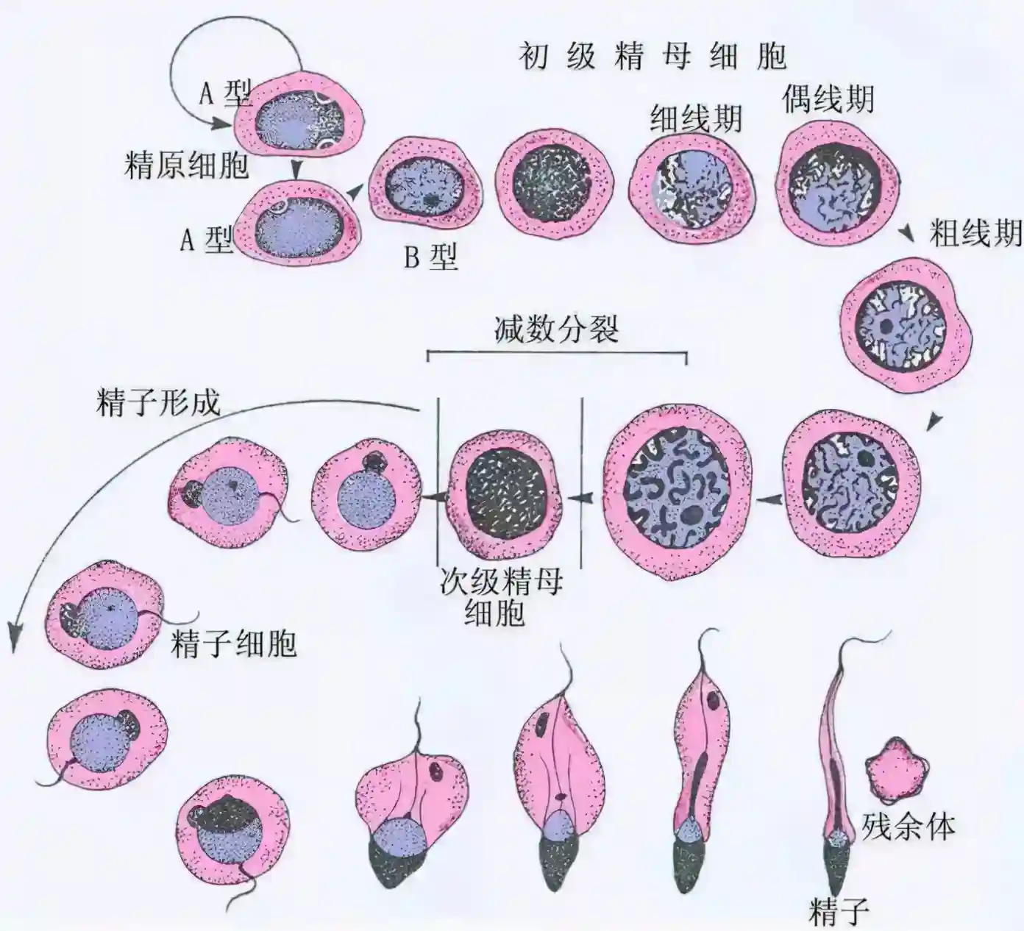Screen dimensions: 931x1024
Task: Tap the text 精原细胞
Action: (x=187, y=166)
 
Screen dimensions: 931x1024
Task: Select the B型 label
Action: (x=430, y=256)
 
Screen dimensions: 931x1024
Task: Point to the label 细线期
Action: (x=695, y=118)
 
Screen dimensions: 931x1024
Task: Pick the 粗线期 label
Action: (x=975, y=233)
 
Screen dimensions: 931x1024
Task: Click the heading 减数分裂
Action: (x=556, y=329)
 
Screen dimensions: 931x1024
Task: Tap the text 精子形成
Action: (x=157, y=403)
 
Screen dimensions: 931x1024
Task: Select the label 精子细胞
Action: (x=234, y=643)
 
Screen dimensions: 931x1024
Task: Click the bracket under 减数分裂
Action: (x=557, y=354)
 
